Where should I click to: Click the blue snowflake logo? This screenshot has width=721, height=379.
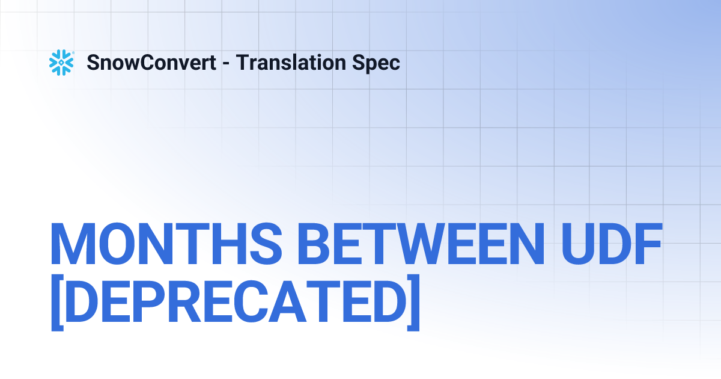[x=61, y=63]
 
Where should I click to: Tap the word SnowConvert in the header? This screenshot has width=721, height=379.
[x=151, y=63]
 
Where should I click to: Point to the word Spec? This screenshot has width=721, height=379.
[x=379, y=63]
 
